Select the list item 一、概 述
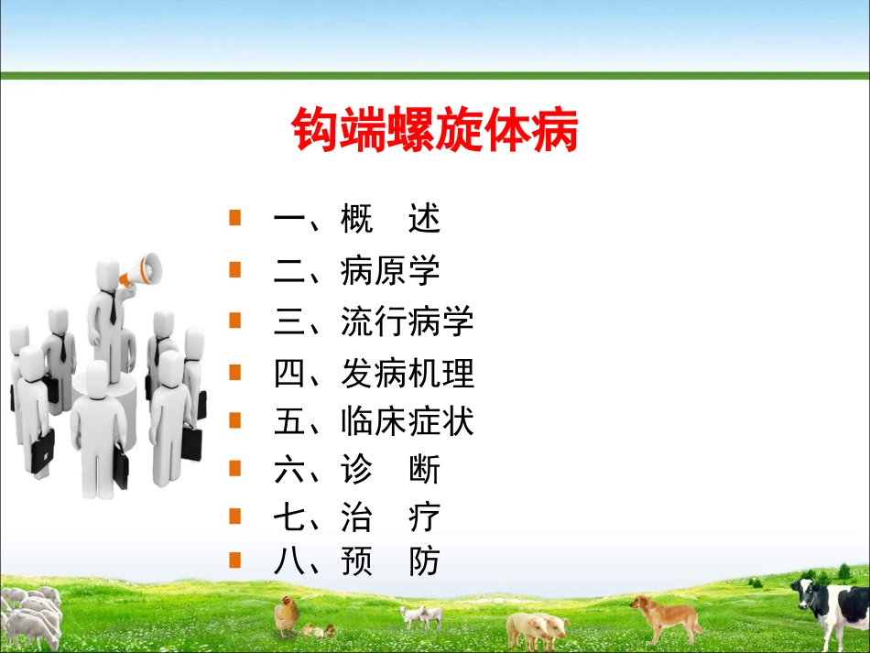[357, 220]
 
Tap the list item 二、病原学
[357, 271]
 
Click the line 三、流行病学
[374, 322]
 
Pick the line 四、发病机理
[374, 374]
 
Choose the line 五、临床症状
[374, 423]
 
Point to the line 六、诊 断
[357, 471]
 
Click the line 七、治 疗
[357, 518]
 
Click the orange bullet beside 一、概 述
[235, 218]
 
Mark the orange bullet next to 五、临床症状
[235, 420]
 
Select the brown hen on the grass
[287, 614]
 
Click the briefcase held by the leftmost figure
[40, 452]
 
